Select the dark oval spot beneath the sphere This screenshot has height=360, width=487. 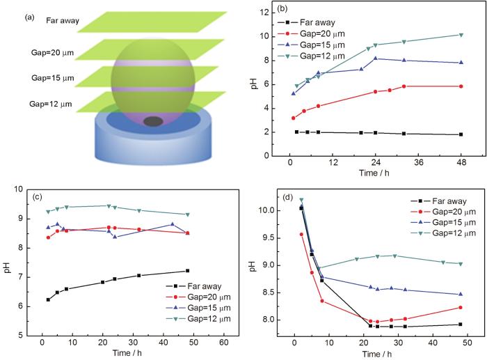(x=154, y=122)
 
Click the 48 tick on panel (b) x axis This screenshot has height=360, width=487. (x=460, y=162)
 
